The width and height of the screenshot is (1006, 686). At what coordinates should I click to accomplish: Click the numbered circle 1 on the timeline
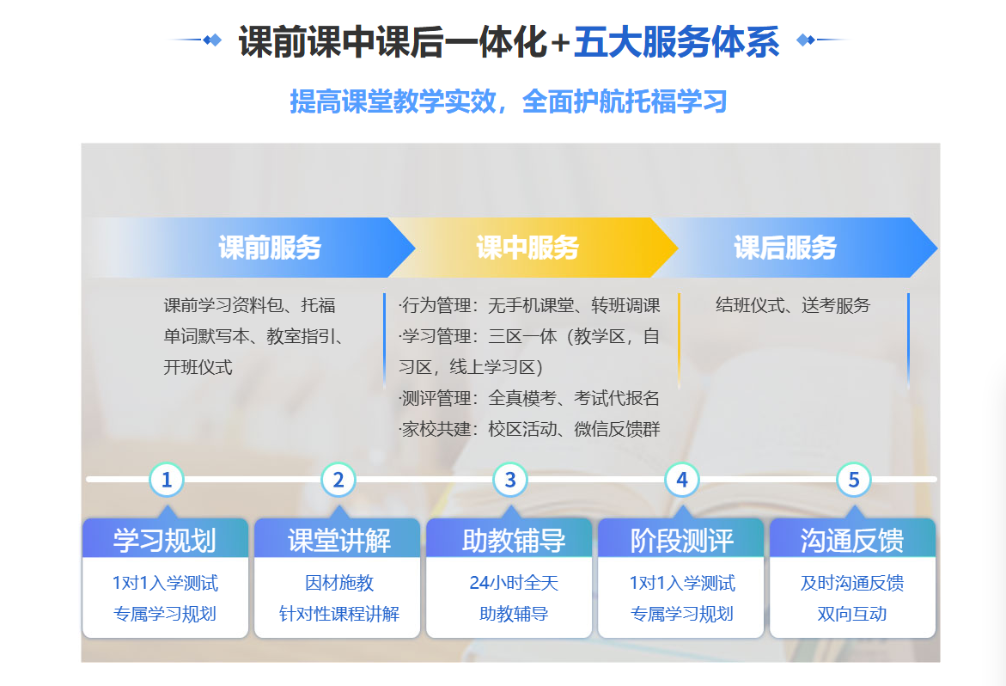pos(167,480)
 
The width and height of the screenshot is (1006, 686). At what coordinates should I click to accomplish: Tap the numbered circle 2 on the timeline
pos(338,480)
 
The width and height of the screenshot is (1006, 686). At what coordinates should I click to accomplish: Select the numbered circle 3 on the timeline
pos(510,480)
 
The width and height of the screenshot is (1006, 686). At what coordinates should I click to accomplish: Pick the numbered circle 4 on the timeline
pos(682,480)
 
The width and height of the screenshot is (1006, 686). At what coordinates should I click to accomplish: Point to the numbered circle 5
pos(854,480)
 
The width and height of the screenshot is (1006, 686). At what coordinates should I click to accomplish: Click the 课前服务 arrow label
pos(270,248)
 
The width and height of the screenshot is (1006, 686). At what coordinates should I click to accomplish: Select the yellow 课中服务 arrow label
pos(527,248)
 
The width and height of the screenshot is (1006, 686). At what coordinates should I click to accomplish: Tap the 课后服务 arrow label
pos(785,248)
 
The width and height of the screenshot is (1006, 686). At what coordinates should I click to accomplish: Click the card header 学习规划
pos(165,541)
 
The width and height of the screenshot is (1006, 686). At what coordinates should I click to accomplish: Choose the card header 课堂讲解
pos(338,541)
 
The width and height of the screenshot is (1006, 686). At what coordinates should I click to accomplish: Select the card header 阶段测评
pos(682,541)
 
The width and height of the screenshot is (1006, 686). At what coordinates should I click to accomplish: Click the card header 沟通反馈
pos(853,541)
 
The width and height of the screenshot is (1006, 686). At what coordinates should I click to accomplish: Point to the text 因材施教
pos(339,583)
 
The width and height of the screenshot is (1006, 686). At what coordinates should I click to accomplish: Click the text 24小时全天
pos(514,583)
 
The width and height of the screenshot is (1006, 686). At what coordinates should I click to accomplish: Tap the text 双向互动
pos(852,614)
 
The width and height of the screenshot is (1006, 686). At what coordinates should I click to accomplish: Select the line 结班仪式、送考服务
pos(793,305)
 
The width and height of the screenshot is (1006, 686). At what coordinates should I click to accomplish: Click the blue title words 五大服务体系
pos(677,42)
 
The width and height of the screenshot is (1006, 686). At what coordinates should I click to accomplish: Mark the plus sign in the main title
pos(561,43)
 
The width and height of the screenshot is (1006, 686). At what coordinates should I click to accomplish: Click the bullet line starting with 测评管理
pos(529,399)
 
